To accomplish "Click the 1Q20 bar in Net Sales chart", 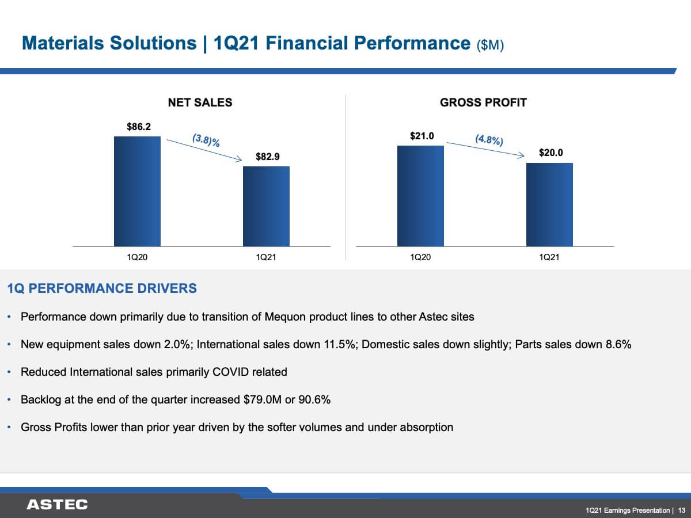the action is [x=137, y=191].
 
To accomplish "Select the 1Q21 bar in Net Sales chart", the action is [x=267, y=206].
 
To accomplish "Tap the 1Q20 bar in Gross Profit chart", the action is [x=420, y=196].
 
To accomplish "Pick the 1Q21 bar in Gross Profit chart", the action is [x=550, y=205].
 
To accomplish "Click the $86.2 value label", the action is [x=139, y=127].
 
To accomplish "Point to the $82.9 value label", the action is [x=268, y=157].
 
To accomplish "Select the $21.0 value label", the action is [x=422, y=136].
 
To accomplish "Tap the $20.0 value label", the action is [x=551, y=153].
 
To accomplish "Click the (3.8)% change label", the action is [x=206, y=140].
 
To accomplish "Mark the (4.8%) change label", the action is [x=489, y=140].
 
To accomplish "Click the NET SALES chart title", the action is [x=200, y=102].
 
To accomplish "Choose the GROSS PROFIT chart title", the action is [x=483, y=102].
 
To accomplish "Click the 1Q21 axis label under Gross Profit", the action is [x=549, y=257].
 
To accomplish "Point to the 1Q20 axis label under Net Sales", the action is [x=137, y=257].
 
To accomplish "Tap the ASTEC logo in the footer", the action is [x=57, y=505].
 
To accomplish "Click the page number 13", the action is [x=682, y=510].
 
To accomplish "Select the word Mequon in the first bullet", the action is [x=285, y=317].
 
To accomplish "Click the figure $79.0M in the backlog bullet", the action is [x=262, y=400].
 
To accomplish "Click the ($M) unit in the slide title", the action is [x=490, y=45].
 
